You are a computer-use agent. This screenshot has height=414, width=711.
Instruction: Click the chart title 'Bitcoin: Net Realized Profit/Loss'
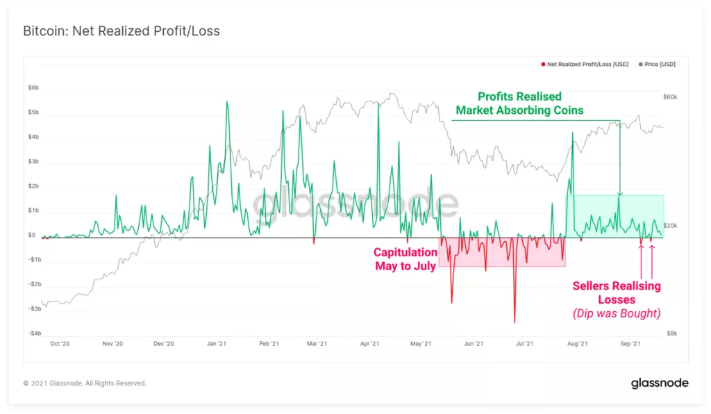click(122, 32)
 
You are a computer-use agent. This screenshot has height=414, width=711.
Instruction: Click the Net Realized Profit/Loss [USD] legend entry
click(587, 64)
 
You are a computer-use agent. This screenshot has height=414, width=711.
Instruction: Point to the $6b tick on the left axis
click(33, 88)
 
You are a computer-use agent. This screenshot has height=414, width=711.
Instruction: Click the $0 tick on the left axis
click(32, 235)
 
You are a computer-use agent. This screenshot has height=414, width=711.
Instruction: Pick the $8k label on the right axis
click(671, 333)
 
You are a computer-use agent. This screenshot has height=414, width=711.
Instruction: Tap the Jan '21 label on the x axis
click(217, 343)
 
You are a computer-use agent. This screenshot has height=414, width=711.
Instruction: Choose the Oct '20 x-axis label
click(60, 343)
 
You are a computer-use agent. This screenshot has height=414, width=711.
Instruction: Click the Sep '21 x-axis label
click(630, 343)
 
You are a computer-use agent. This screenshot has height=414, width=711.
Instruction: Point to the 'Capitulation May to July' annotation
click(405, 258)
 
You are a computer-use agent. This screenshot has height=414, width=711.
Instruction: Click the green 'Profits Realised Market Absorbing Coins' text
click(519, 103)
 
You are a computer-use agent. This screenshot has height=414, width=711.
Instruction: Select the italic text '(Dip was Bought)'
click(616, 313)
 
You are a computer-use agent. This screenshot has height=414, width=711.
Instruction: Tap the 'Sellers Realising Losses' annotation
click(616, 292)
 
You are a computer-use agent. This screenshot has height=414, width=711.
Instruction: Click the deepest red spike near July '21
click(515, 322)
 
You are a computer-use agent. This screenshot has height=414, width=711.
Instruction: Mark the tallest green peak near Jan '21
click(227, 101)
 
